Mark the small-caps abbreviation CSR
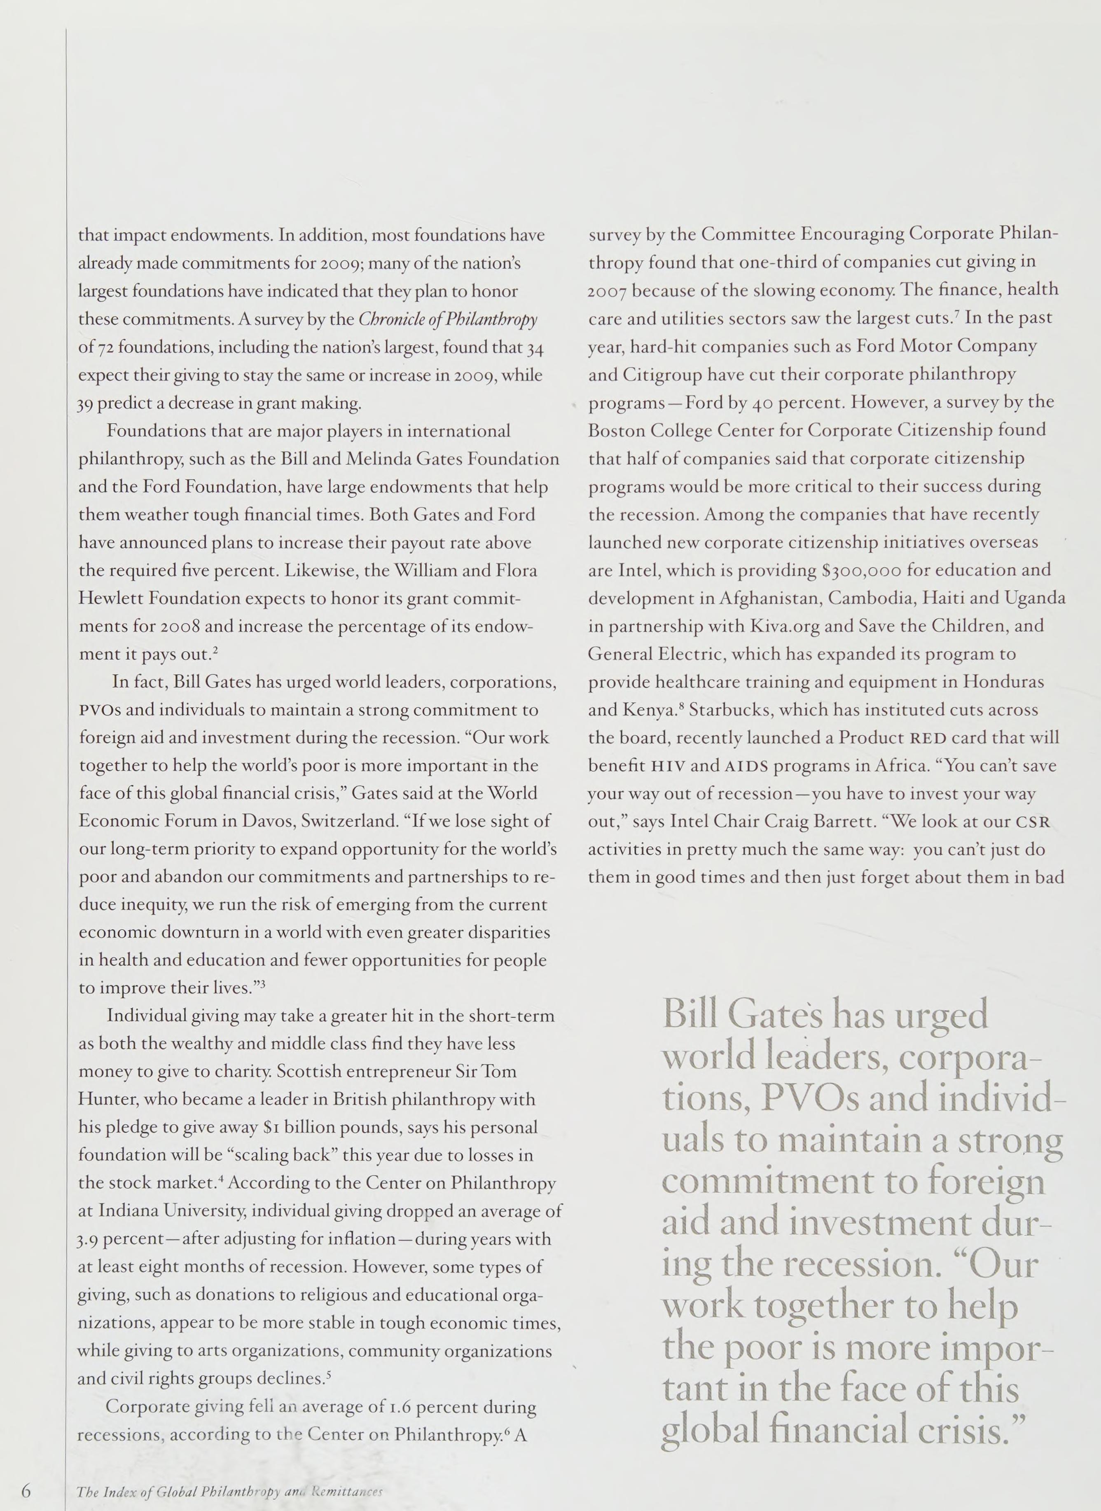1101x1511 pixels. tap(1032, 822)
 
